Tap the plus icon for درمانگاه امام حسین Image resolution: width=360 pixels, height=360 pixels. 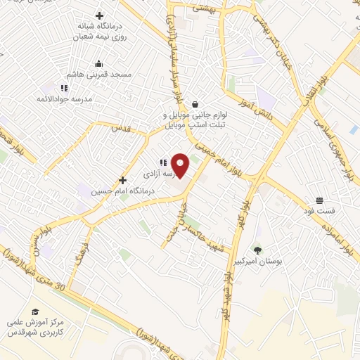[122, 180]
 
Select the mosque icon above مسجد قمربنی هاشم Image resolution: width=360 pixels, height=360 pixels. [98, 63]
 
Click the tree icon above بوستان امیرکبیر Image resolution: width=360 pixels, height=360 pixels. [257, 250]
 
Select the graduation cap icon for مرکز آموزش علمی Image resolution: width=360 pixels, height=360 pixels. [34, 311]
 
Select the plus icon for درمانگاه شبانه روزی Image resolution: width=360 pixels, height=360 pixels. [99, 15]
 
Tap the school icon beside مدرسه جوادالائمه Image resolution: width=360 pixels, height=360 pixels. [63, 89]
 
